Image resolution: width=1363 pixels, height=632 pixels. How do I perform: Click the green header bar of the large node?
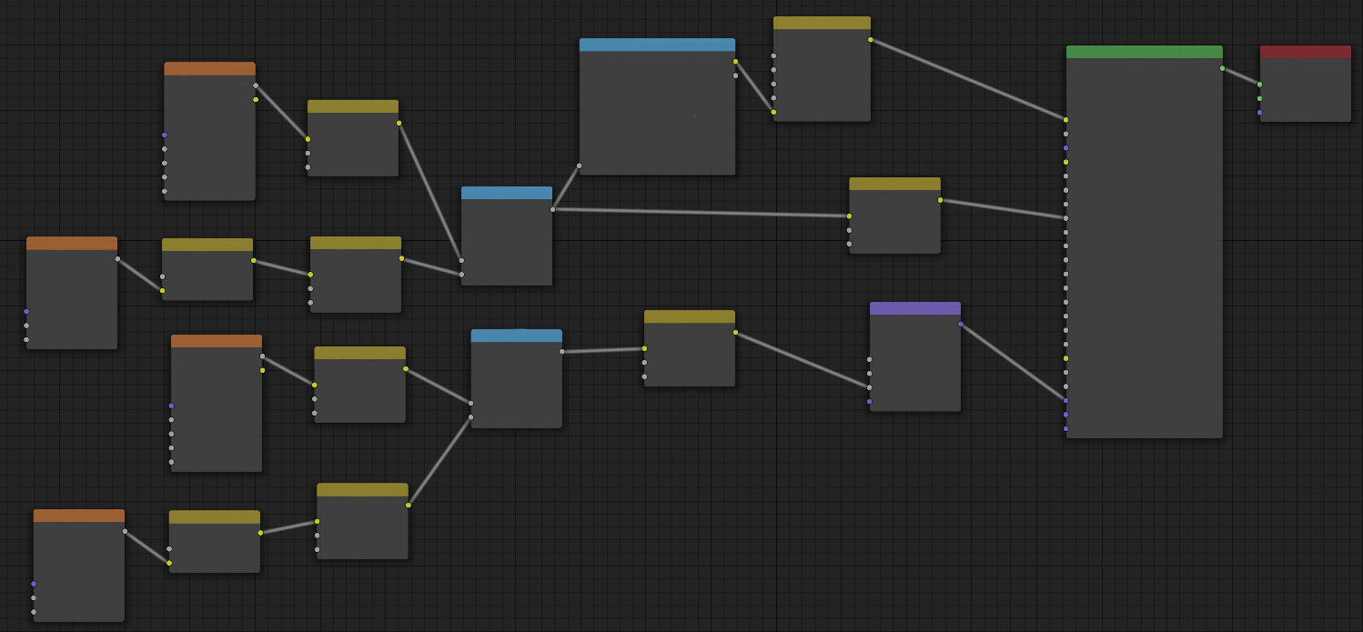pyautogui.click(x=1144, y=52)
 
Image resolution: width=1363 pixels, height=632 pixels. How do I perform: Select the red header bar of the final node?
pyautogui.click(x=1305, y=52)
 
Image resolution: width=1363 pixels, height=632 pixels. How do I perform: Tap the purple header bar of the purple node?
pyautogui.click(x=914, y=308)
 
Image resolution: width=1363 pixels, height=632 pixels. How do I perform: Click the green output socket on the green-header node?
pyautogui.click(x=1222, y=68)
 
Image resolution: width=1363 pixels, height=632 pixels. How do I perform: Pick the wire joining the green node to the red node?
pyautogui.click(x=1241, y=76)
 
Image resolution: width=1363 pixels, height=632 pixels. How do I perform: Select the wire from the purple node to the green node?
pyautogui.click(x=1013, y=362)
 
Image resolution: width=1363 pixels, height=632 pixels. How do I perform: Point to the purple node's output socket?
pyautogui.click(x=960, y=324)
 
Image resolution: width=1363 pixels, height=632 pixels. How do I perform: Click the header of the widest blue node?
pyautogui.click(x=657, y=45)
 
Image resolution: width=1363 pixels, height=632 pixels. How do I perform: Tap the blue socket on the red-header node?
pyautogui.click(x=1260, y=113)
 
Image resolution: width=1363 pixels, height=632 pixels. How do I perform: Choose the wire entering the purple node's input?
pyautogui.click(x=801, y=359)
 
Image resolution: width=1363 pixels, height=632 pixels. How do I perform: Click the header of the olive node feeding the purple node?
pyautogui.click(x=689, y=316)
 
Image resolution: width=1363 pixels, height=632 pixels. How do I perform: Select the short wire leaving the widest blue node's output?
pyautogui.click(x=754, y=86)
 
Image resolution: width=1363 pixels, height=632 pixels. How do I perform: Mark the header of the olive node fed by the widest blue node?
pyautogui.click(x=822, y=23)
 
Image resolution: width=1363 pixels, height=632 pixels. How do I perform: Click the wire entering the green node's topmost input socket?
pyautogui.click(x=968, y=79)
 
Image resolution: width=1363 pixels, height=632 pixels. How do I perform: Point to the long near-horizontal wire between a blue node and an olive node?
pyautogui.click(x=701, y=213)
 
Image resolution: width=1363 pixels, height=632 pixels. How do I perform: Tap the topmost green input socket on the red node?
pyautogui.click(x=1260, y=85)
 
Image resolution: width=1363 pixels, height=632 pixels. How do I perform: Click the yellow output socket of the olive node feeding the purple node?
pyautogui.click(x=735, y=332)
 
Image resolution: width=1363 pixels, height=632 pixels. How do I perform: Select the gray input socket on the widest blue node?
pyautogui.click(x=580, y=166)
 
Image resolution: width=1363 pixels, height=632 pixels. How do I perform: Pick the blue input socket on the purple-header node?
pyautogui.click(x=870, y=401)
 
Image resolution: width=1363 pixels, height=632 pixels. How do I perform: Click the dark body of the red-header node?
pyautogui.click(x=1305, y=91)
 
